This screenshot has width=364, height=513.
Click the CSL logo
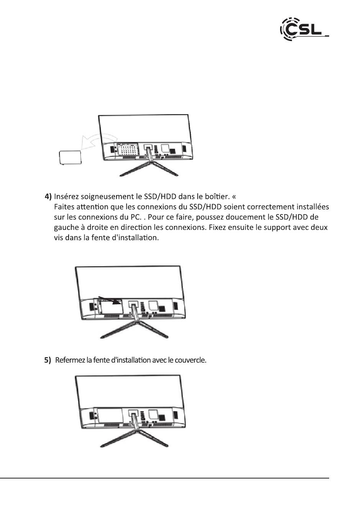(303, 29)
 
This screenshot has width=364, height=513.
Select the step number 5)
(48, 360)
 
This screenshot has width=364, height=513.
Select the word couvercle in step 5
(190, 360)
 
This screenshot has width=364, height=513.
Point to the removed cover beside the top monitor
(71, 157)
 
